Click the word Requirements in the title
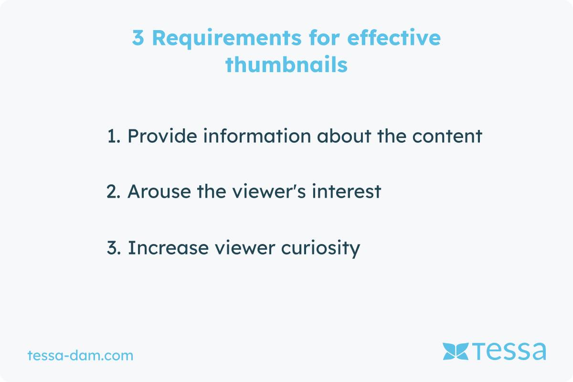227,38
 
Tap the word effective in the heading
393,38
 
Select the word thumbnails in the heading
286,64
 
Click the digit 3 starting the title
138,38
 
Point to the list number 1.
113,136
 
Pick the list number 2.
113,191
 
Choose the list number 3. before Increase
114,248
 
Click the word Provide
162,136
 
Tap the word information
257,136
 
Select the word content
447,136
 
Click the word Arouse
159,191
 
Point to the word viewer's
269,191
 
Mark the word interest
347,191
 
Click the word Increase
168,248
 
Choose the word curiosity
320,249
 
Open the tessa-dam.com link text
80,355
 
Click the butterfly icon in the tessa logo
456,351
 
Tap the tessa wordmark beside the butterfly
509,351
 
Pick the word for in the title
324,38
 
